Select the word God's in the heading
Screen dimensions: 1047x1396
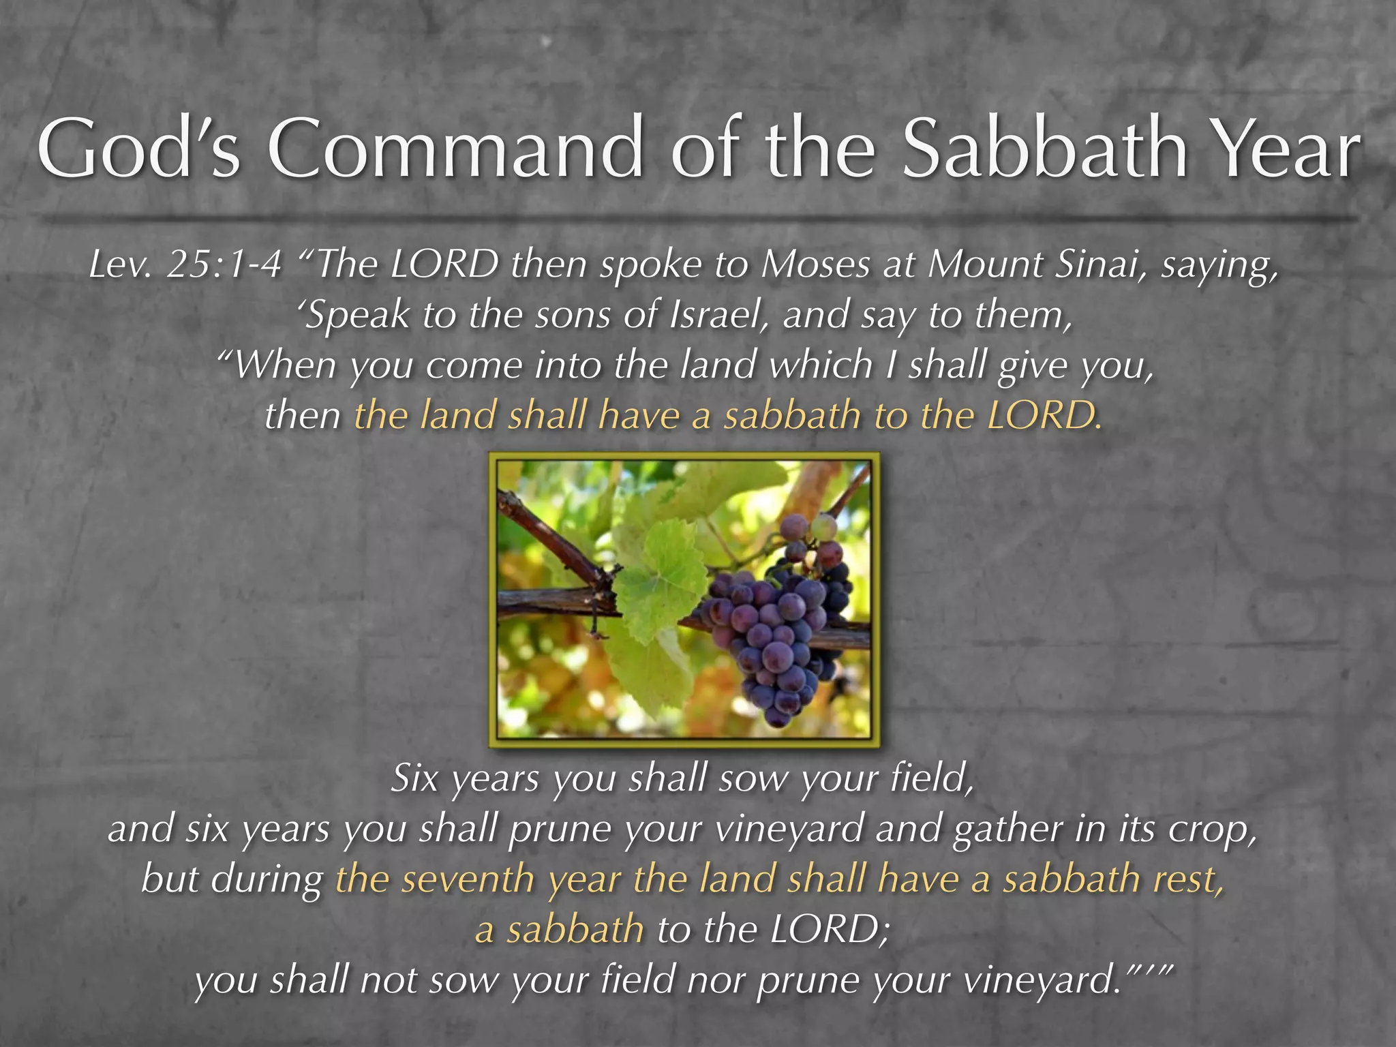[139, 149]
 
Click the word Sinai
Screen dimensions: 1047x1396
[1101, 264]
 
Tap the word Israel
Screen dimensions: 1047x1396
[719, 315]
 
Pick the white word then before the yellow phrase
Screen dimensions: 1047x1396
[303, 416]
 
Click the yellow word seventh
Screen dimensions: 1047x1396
[468, 879]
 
